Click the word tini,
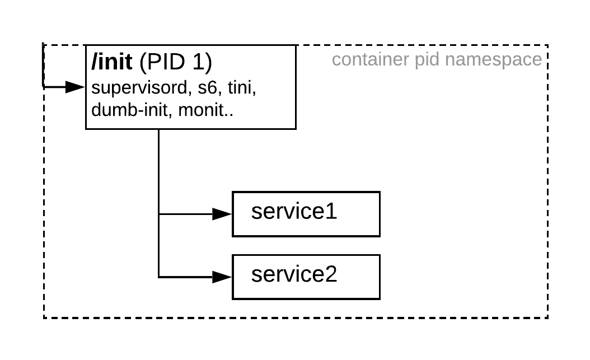(242, 88)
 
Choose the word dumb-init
(132, 110)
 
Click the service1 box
(306, 214)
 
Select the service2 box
(306, 277)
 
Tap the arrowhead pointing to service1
(223, 214)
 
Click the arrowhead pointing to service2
(223, 277)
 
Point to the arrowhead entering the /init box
(75, 87)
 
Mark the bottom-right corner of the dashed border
(547, 318)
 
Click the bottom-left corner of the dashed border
(44, 318)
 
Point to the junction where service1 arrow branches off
(159, 214)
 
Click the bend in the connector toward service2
(159, 277)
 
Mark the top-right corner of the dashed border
(547, 45)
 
